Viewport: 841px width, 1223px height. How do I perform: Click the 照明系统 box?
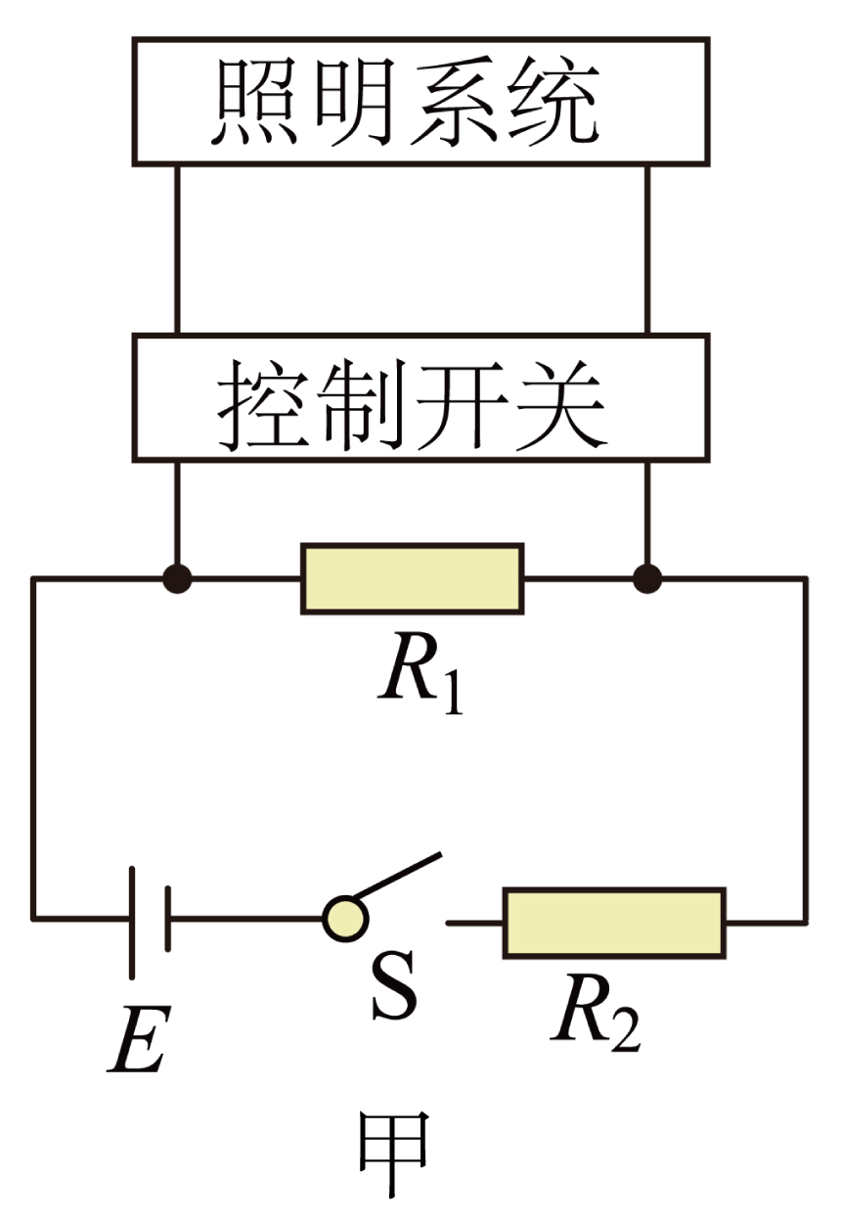tap(420, 101)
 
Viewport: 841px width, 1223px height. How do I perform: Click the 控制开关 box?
tap(420, 397)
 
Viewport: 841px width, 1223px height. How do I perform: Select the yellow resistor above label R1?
tap(412, 578)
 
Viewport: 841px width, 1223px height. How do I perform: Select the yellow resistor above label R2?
tap(614, 922)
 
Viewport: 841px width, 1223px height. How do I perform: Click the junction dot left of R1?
tap(177, 578)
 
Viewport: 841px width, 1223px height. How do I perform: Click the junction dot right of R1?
tap(646, 578)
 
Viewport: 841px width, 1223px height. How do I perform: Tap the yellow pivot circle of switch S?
tap(345, 919)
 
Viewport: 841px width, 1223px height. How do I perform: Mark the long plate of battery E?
tap(132, 919)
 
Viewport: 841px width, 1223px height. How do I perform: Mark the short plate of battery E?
tap(167, 919)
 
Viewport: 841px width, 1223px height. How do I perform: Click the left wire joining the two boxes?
tap(177, 249)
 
